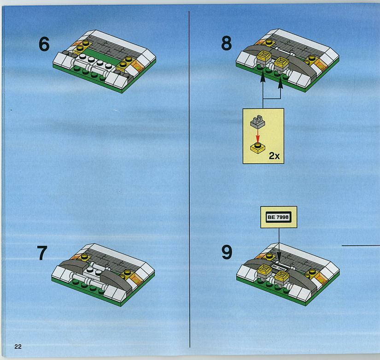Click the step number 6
point(44,44)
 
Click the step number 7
point(42,253)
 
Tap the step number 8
point(226,43)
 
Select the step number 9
point(227,252)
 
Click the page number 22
point(18,347)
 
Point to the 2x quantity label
point(275,156)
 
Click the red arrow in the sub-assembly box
point(257,136)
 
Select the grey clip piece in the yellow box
point(257,122)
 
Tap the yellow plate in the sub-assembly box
point(257,148)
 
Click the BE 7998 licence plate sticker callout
point(279,217)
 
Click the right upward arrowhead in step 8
point(281,83)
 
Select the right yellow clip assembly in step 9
point(282,278)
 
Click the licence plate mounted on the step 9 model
point(279,267)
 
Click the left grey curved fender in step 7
point(73,266)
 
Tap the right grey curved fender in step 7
point(117,280)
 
